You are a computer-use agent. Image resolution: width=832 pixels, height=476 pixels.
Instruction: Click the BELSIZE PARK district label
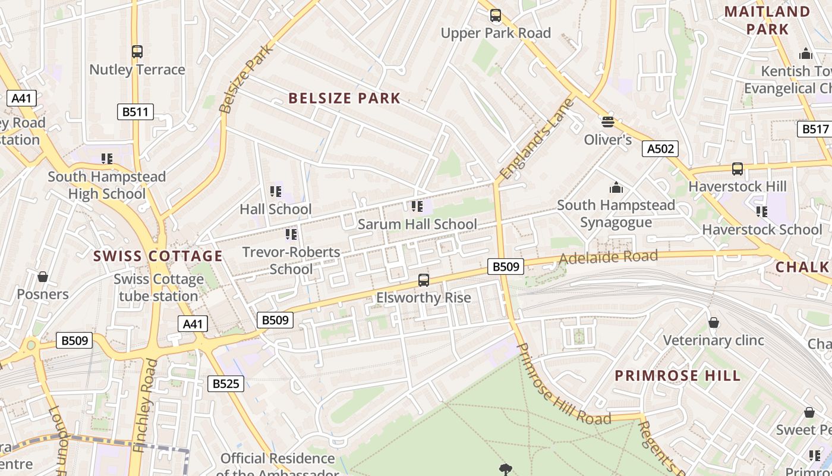pos(345,98)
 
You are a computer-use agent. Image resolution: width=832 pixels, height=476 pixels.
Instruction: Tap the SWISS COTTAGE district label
pos(158,256)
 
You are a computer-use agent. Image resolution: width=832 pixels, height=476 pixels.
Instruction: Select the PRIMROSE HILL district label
pos(677,375)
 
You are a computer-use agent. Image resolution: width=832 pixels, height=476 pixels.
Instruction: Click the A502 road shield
pos(660,149)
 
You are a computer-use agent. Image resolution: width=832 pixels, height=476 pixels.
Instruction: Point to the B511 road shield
pos(135,111)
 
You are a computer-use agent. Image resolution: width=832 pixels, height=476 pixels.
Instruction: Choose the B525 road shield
pos(226,384)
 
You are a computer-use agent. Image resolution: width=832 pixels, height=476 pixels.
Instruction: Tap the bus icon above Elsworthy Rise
pos(424,280)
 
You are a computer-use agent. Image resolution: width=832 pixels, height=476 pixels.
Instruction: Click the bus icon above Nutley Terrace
pos(137,52)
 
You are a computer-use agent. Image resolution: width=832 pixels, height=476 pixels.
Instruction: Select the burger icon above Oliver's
pos(607,122)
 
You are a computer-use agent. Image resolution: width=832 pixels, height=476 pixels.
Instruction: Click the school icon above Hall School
pos(276,191)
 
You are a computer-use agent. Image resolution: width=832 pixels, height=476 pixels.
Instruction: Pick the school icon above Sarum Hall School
pos(417,206)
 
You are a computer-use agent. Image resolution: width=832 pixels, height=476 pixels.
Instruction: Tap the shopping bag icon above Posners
pos(43,277)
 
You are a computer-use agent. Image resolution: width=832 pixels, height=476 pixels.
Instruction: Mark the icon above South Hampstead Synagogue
pos(616,187)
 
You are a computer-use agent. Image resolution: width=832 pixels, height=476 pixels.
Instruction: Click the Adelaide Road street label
pos(609,258)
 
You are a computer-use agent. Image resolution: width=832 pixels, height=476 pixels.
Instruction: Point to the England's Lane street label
pos(537,139)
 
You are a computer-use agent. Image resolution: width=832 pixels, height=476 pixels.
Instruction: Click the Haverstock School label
pos(762,230)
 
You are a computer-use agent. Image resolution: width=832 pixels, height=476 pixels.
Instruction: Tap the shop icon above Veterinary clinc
pos(714,322)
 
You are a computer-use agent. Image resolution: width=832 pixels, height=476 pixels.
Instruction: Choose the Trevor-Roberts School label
pos(291,261)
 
